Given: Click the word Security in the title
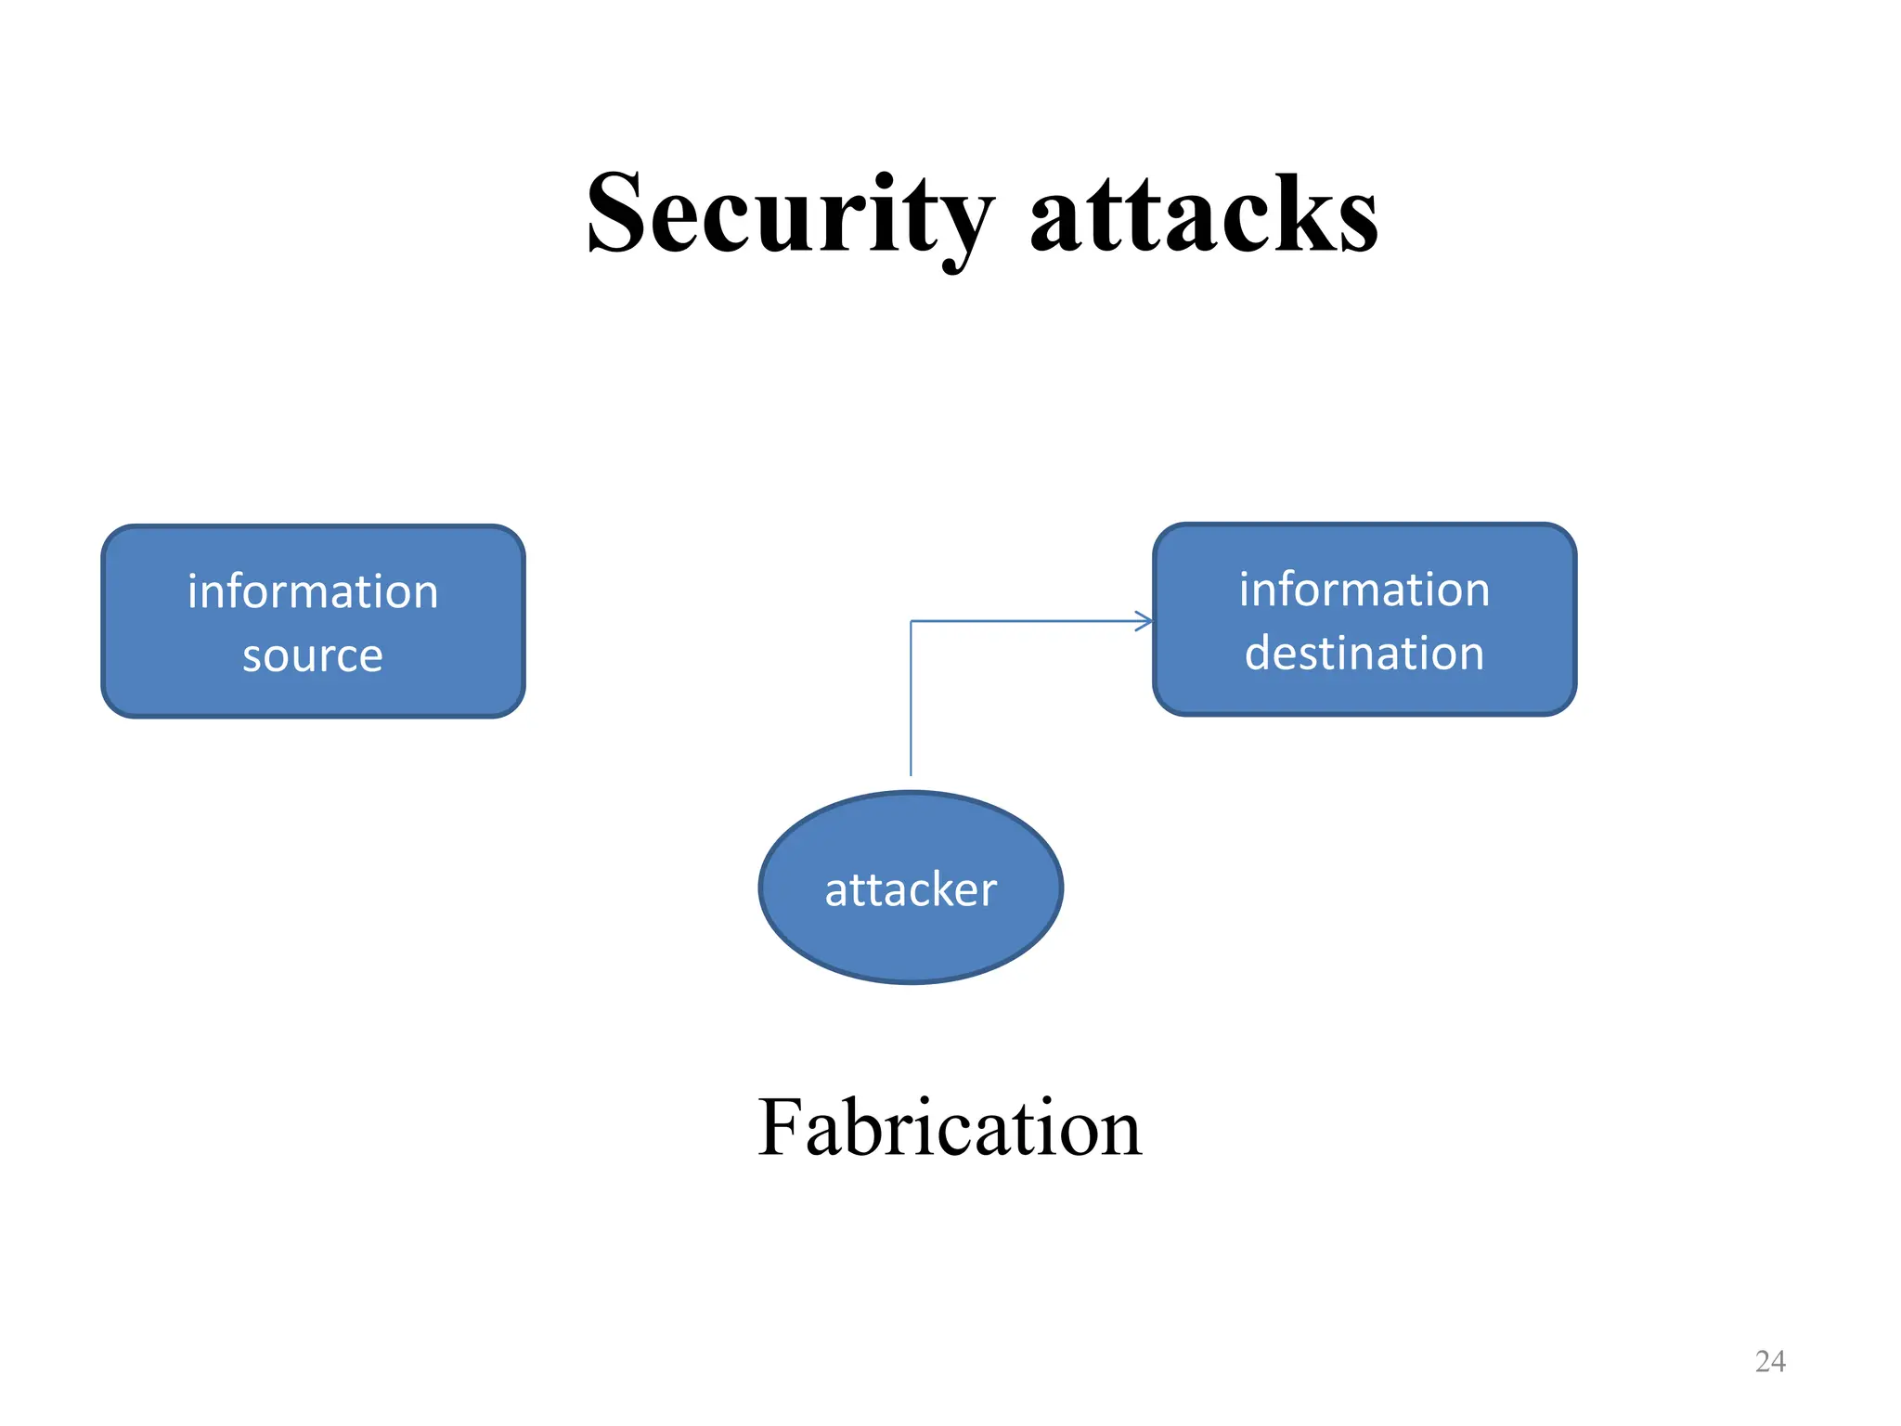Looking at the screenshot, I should click(x=789, y=215).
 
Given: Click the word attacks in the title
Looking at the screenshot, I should click(x=1204, y=215).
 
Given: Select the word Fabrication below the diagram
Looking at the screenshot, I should click(x=949, y=1128).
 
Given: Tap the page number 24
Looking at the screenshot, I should click(x=1770, y=1361).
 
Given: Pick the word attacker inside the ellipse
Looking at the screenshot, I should click(x=911, y=889).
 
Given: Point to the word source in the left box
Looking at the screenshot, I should click(x=313, y=656).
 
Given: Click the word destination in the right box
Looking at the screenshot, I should click(x=1364, y=654).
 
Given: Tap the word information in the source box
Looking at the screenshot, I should click(x=313, y=592).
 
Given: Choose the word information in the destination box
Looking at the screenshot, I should click(x=1364, y=590).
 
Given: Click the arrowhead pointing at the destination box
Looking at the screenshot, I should click(x=1145, y=621).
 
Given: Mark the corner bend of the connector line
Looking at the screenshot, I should click(x=912, y=621).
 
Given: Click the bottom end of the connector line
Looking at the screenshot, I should click(x=911, y=772).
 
